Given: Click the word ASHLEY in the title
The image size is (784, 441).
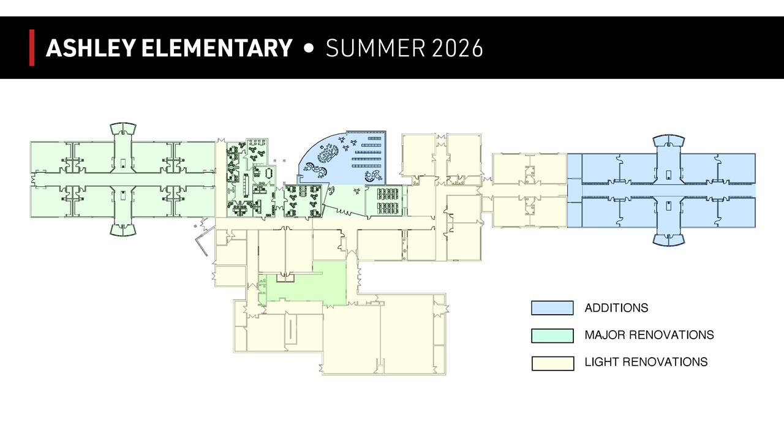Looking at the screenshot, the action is [x=90, y=48].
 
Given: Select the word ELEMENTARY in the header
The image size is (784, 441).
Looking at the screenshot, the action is [x=217, y=48].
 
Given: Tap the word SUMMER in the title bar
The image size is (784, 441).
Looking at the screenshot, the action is [x=375, y=48].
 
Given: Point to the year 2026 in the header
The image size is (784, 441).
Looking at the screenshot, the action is [x=458, y=48].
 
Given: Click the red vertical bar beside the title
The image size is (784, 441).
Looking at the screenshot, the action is [x=32, y=48].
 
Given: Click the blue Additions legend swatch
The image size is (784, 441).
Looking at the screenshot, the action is [x=552, y=308].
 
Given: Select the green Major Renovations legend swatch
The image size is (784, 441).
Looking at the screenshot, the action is [x=552, y=335].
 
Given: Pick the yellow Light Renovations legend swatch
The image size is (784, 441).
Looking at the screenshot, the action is [x=552, y=363].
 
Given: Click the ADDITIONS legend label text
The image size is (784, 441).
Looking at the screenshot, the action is [x=616, y=308].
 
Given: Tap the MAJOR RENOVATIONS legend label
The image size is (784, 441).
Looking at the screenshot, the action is [x=649, y=335].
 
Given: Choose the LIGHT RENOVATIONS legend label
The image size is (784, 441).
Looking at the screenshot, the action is [x=646, y=362].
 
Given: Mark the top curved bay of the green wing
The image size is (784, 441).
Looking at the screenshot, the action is [x=123, y=128].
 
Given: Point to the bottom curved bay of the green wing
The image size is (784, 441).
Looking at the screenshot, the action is [x=123, y=230].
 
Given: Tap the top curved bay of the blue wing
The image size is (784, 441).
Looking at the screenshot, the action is [x=669, y=140].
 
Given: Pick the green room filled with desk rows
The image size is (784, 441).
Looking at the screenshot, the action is [x=386, y=201].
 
